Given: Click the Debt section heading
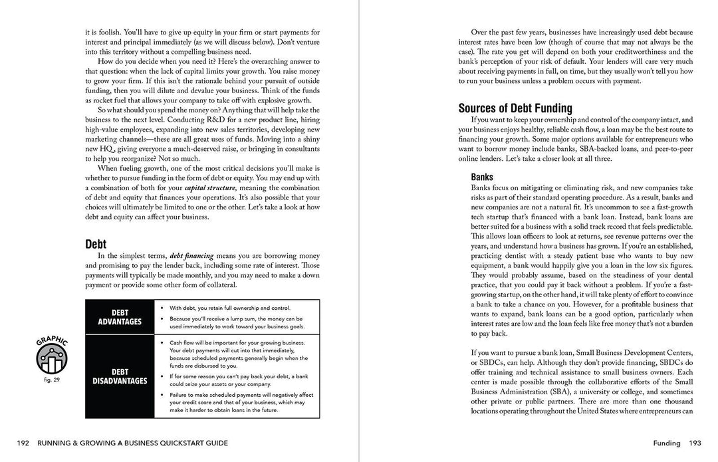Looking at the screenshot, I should click(96, 244).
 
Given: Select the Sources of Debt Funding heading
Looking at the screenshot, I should click(515, 108).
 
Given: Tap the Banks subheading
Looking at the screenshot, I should click(482, 177).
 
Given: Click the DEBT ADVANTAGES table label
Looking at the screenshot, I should click(120, 317).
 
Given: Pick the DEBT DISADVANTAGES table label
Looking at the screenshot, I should click(120, 376).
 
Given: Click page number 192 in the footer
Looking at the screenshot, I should click(23, 443).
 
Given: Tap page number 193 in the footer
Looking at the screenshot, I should click(695, 443).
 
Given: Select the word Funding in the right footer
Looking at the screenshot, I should click(665, 443).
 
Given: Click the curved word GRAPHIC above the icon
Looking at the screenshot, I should click(52, 342).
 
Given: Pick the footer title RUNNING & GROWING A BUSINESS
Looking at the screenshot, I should click(133, 443).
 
